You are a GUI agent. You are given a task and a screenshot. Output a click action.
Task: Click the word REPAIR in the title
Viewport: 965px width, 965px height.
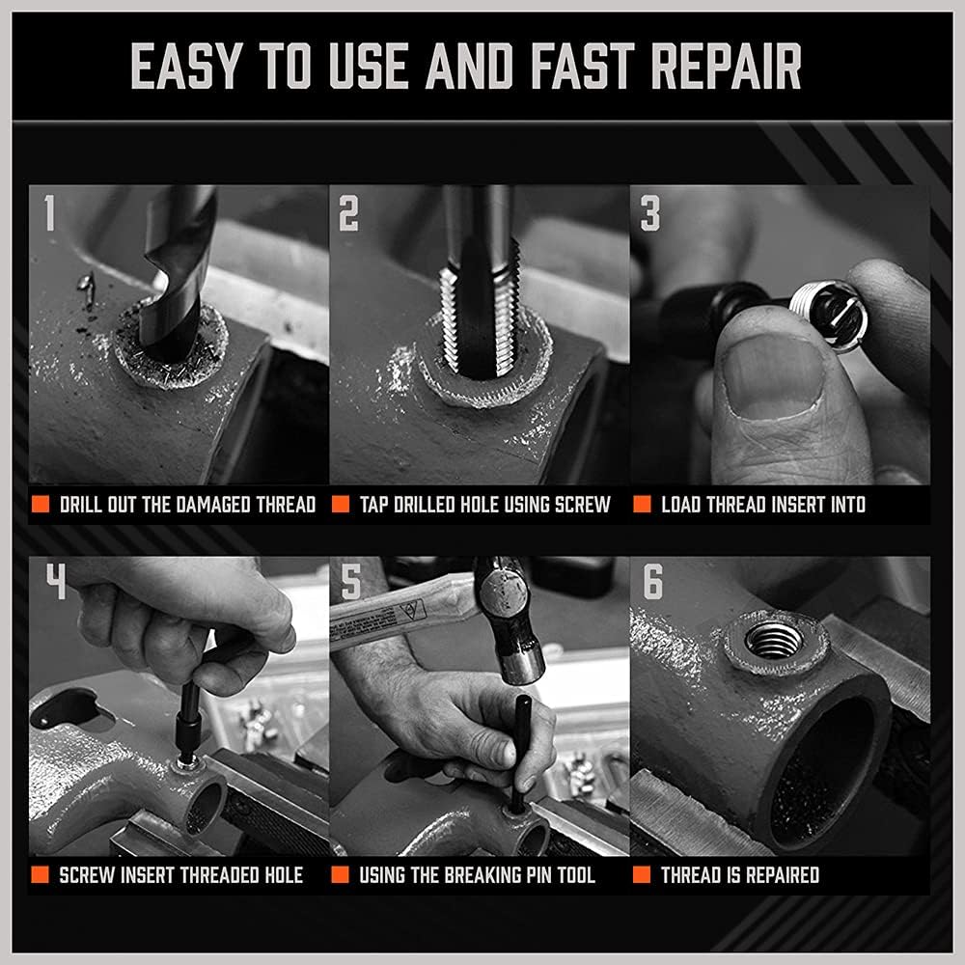point(727,67)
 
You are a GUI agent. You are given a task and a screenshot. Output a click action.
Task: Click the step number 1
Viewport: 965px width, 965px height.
point(48,214)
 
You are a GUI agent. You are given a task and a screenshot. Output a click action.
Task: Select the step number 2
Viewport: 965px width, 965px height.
point(348,214)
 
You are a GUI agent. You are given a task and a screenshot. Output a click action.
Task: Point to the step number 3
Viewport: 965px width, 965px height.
point(650,214)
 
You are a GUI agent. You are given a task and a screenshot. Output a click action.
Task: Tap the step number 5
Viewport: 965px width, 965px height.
point(351,583)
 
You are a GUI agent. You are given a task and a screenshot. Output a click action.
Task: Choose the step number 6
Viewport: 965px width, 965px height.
point(652,583)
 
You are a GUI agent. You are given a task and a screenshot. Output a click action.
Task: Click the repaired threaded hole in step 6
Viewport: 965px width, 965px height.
point(774,639)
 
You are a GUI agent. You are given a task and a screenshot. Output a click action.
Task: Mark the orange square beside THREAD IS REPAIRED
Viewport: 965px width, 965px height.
point(641,875)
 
